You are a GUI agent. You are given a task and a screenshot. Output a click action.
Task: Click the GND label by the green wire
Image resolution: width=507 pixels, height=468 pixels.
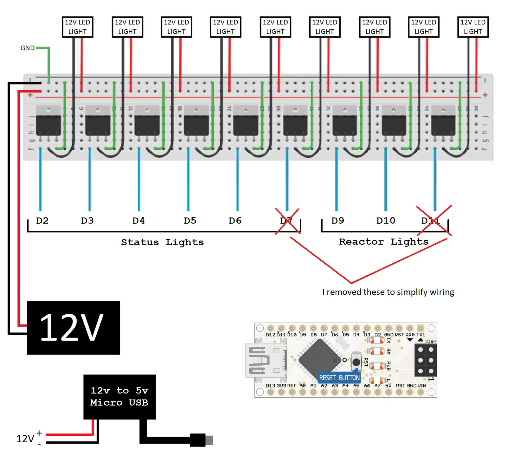click(27, 48)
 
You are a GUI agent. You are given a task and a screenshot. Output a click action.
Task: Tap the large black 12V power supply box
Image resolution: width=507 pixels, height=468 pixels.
click(73, 327)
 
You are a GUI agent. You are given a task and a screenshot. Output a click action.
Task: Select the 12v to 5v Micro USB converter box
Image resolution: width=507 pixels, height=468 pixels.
click(119, 397)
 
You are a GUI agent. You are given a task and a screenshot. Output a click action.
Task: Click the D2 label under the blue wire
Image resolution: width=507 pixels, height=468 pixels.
click(42, 221)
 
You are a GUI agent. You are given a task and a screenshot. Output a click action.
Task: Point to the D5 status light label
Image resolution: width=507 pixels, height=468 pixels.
click(190, 221)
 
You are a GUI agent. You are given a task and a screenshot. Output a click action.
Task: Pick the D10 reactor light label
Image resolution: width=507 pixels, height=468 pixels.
click(386, 221)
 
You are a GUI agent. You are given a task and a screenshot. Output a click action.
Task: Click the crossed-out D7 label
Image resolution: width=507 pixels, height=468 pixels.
click(286, 221)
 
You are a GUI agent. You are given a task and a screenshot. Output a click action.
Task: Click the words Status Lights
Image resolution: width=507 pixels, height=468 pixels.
click(162, 242)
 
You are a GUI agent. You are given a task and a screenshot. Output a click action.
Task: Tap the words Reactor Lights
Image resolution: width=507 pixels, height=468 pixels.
click(383, 242)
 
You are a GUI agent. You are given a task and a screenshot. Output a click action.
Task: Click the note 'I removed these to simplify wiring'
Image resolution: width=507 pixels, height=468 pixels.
click(388, 292)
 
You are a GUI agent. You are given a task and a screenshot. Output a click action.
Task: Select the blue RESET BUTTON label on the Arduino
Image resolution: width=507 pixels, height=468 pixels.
click(339, 378)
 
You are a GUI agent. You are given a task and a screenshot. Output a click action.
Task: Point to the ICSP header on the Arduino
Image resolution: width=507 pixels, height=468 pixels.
click(426, 360)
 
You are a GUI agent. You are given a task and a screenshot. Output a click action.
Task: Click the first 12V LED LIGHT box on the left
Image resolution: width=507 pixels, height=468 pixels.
click(77, 27)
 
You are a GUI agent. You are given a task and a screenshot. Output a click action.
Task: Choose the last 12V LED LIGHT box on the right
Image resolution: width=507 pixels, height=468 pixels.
click(473, 27)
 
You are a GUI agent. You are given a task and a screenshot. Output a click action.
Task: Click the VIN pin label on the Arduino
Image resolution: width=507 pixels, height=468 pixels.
click(421, 386)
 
